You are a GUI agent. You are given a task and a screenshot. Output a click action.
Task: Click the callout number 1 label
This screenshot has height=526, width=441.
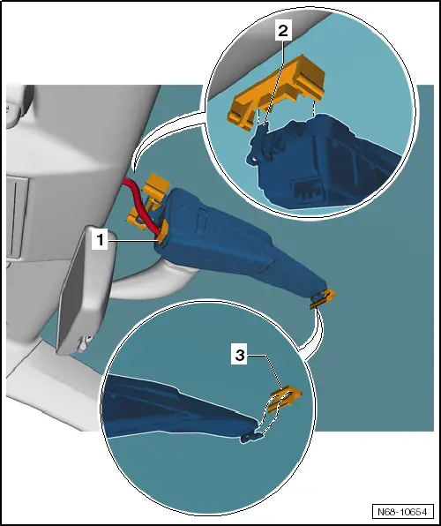[100, 240]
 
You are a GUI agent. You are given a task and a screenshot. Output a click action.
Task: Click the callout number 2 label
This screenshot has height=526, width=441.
[283, 31]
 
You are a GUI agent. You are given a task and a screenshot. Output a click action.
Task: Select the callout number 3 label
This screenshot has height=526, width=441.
[240, 356]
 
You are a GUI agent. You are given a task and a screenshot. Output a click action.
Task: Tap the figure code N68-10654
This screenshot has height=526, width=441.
[402, 512]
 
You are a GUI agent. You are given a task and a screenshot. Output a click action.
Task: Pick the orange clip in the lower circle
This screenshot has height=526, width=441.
[285, 399]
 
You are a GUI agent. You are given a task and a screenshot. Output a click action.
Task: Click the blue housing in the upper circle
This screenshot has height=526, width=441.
[322, 161]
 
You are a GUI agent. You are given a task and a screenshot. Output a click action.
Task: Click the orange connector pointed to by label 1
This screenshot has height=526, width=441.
[162, 232]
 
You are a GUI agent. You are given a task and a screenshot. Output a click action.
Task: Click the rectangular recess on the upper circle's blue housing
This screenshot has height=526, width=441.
[307, 192]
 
